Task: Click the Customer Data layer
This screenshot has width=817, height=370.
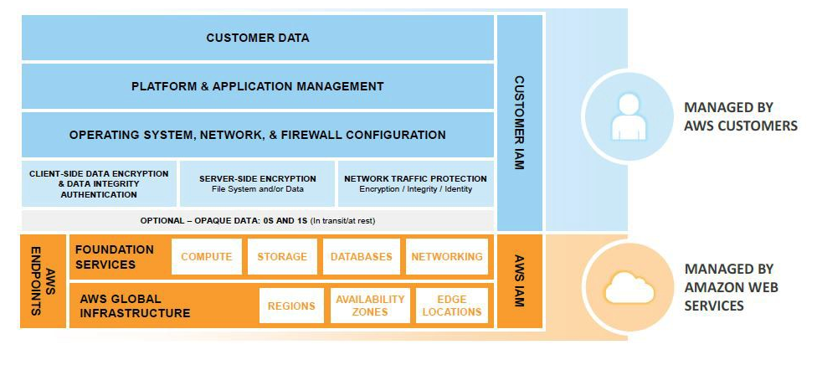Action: click(x=258, y=38)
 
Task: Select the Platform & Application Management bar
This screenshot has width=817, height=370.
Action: click(x=258, y=86)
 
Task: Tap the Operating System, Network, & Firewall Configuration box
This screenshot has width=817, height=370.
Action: click(x=258, y=135)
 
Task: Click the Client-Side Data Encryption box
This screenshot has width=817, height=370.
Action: click(x=99, y=184)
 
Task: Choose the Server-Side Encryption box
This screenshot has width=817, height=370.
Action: click(x=258, y=184)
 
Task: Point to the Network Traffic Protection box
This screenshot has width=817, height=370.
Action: click(x=416, y=184)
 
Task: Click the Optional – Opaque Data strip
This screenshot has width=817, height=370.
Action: click(x=258, y=220)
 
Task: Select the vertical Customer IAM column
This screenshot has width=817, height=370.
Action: click(x=520, y=123)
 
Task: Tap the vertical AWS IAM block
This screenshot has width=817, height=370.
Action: click(x=520, y=281)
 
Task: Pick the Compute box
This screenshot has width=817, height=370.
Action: click(x=207, y=257)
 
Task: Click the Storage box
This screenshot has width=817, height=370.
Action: click(x=283, y=257)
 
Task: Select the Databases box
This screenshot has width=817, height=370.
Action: click(x=361, y=257)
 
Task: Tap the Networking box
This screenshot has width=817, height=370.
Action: click(x=447, y=257)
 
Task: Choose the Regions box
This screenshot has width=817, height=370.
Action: click(x=291, y=306)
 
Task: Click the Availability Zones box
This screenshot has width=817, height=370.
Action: click(x=370, y=306)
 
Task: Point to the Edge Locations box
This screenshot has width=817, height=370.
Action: click(x=452, y=306)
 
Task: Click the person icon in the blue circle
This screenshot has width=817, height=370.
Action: click(x=628, y=117)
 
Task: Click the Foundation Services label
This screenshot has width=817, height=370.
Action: click(x=115, y=257)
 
